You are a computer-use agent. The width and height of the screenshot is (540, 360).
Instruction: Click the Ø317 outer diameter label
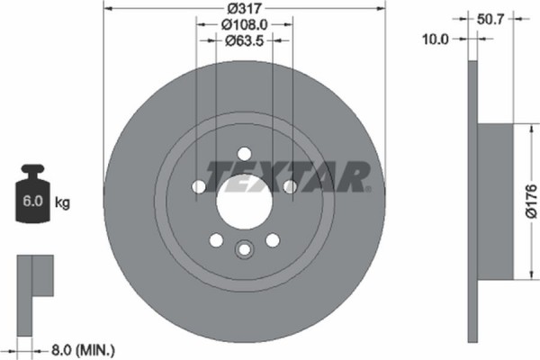point(244,9)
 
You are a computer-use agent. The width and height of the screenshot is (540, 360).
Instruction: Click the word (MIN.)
point(98,347)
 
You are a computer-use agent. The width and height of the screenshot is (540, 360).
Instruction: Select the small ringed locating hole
point(244,250)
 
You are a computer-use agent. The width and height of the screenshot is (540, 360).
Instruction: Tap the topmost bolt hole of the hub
point(244,155)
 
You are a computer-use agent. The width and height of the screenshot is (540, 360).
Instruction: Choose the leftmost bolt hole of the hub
point(198,186)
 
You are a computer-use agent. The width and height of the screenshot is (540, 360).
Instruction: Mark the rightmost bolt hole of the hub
point(290,186)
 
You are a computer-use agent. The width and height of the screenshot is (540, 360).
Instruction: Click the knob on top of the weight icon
point(35,172)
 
